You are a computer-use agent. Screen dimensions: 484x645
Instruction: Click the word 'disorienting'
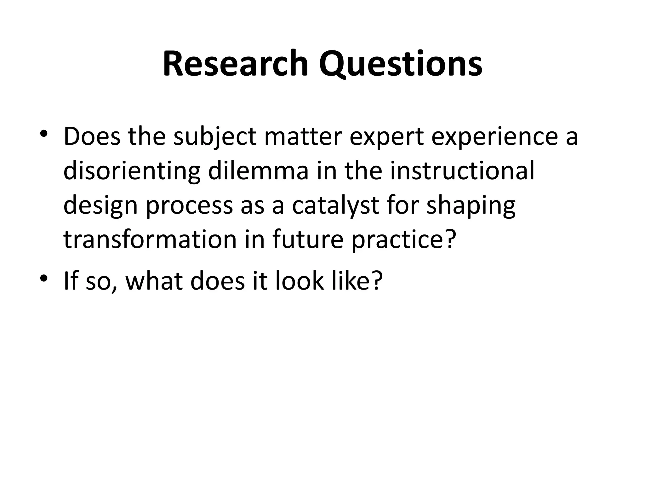(132, 172)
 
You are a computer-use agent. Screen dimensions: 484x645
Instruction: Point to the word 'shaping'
(471, 206)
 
